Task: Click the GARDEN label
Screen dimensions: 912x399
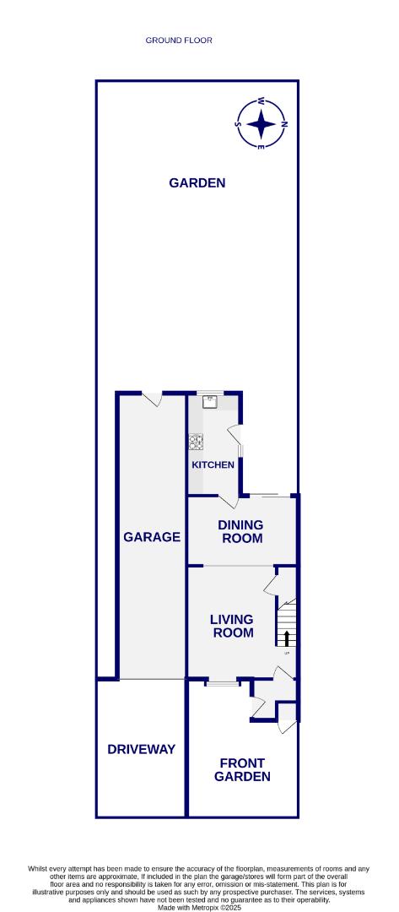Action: pyautogui.click(x=197, y=182)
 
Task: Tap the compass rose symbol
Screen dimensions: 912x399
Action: pyautogui.click(x=262, y=124)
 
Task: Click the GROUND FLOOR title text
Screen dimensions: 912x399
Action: pyautogui.click(x=179, y=40)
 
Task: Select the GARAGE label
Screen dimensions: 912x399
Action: pyautogui.click(x=152, y=536)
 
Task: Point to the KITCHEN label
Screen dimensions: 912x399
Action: pyautogui.click(x=213, y=465)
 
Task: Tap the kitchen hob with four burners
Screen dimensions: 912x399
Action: pyautogui.click(x=196, y=441)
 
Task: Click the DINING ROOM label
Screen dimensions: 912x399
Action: pyautogui.click(x=242, y=531)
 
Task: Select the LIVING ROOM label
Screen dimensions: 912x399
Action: pyautogui.click(x=232, y=626)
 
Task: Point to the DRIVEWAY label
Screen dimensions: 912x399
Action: pyautogui.click(x=141, y=749)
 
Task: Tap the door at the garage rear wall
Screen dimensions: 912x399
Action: pyautogui.click(x=152, y=399)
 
